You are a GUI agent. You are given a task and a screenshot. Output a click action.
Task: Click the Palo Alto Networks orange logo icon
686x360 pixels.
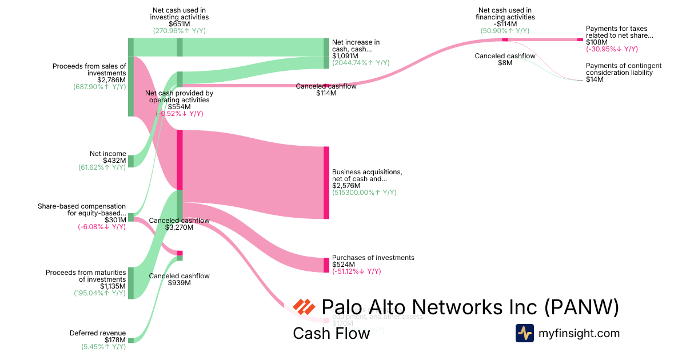pos(304,307)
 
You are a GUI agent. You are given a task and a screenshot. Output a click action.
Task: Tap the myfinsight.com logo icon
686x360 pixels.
pos(525,333)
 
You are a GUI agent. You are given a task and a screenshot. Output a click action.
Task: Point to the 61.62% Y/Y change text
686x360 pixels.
pos(102,167)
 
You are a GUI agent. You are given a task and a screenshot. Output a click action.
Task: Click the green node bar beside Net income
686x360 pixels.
pos(131,161)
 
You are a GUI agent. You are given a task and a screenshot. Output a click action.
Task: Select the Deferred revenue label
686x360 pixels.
pos(98,333)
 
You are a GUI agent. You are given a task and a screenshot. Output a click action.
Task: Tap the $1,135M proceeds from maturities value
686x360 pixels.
pos(113,286)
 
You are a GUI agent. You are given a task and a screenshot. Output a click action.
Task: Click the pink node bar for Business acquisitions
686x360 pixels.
pos(326,182)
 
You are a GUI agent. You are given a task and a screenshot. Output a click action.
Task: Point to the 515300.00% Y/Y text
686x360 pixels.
pos(364,193)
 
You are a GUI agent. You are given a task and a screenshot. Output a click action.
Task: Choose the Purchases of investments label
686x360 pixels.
pos(373,258)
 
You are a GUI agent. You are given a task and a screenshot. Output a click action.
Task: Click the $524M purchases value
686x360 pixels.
pos(344,265)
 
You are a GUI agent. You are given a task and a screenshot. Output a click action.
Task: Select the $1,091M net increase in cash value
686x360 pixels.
pos(345,56)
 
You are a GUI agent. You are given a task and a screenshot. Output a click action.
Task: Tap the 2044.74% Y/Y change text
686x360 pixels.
pos(364,63)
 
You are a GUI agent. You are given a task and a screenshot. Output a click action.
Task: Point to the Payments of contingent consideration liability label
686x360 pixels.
pos(624,69)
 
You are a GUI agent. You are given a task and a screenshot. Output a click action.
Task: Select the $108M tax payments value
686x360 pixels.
pos(596,42)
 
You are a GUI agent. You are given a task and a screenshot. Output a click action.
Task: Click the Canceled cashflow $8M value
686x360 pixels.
pos(505,63)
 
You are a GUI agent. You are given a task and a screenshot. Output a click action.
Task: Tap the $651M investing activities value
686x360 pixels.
pos(180,24)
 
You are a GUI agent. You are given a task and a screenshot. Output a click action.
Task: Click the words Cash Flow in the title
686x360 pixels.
pos(331,333)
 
